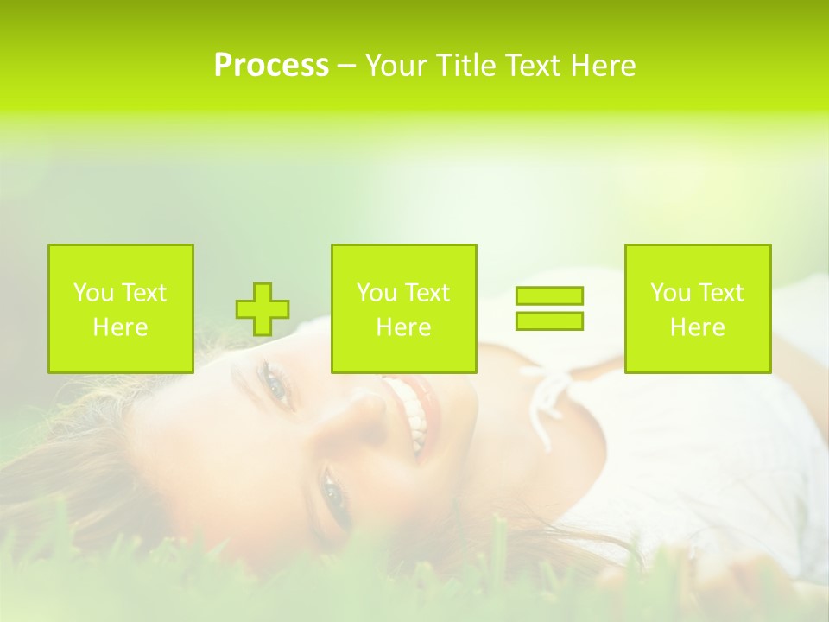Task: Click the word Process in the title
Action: [271, 66]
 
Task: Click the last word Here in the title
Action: [604, 66]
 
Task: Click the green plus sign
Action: [263, 309]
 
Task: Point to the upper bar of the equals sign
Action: [549, 295]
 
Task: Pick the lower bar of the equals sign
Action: [549, 321]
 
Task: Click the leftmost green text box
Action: [121, 308]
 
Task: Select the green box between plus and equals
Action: [403, 308]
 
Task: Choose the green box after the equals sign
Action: [698, 308]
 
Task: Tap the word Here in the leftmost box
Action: [121, 327]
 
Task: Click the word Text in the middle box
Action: [427, 293]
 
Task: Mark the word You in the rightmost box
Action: [670, 293]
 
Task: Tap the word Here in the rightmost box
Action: [698, 327]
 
